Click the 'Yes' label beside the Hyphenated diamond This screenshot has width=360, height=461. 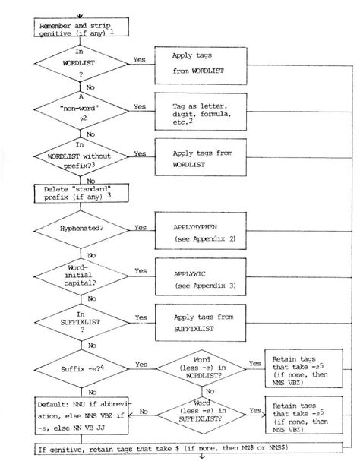click(141, 226)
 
